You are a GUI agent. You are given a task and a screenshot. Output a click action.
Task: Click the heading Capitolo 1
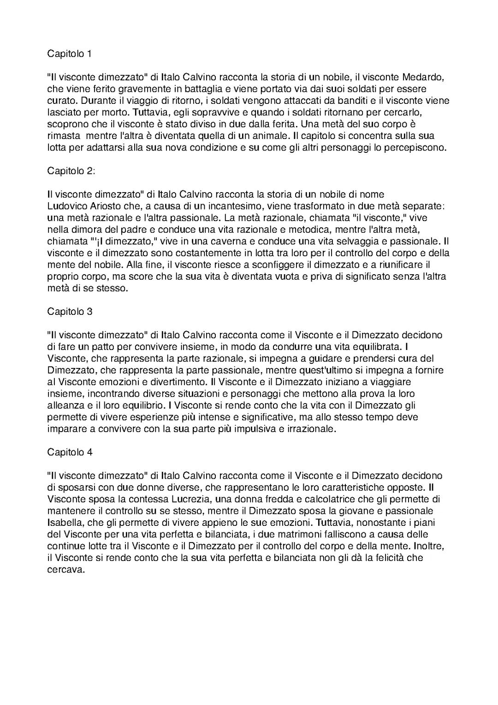tap(70, 54)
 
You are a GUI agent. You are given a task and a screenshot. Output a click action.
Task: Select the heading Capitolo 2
tap(71, 171)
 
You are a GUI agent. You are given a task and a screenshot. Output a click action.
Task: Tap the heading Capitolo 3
tap(70, 312)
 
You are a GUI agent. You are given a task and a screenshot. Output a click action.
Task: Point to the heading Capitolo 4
tap(70, 452)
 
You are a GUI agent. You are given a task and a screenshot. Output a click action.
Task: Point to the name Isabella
tap(66, 523)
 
